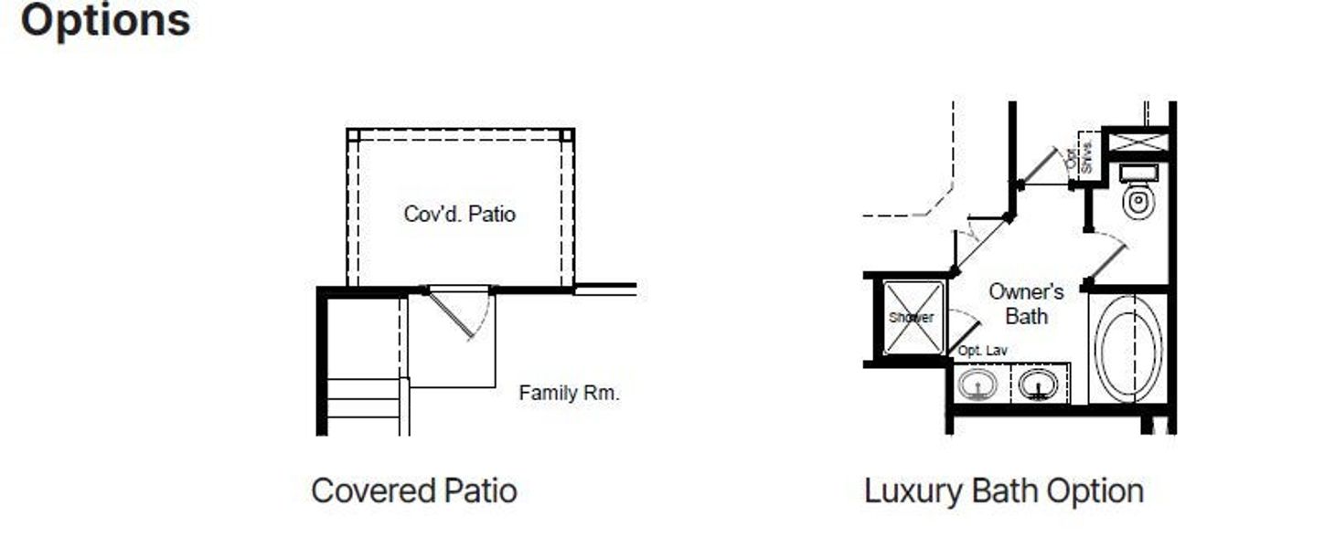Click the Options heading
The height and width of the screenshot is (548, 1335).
click(x=105, y=20)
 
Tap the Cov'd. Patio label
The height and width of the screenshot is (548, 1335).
click(x=460, y=214)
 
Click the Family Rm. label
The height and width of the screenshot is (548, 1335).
click(x=569, y=394)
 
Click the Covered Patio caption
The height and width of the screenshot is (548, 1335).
click(x=414, y=490)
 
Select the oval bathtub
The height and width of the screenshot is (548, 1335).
click(x=1128, y=348)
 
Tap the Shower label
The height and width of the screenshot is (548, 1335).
click(x=911, y=318)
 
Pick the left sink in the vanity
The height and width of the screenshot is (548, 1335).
click(x=977, y=384)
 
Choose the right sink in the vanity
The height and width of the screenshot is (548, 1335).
click(x=1039, y=384)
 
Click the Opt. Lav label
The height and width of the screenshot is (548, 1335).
click(x=983, y=351)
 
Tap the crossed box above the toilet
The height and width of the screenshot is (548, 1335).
click(x=1137, y=142)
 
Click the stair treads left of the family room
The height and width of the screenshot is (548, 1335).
click(x=364, y=399)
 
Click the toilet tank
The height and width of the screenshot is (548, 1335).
click(x=1138, y=173)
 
